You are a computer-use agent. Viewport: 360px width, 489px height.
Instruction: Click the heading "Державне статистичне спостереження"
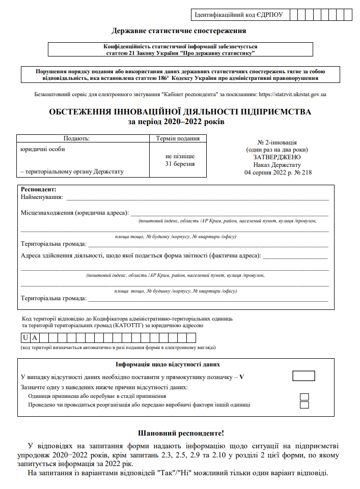179,31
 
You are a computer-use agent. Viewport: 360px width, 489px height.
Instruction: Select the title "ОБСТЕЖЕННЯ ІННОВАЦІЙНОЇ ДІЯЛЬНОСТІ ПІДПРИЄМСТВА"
179,111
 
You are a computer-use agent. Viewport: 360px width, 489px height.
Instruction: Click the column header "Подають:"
76,138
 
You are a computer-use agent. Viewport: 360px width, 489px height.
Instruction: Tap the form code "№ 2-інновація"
278,142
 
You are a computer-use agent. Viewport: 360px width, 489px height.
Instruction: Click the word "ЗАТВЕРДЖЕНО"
278,157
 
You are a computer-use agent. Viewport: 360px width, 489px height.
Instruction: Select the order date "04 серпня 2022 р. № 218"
278,172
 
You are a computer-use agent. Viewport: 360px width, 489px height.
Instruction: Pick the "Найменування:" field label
42,197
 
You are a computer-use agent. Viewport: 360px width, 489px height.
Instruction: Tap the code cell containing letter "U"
25,337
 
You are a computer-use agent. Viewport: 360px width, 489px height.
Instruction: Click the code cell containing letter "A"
35,337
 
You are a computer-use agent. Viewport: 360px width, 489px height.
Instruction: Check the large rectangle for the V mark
303,376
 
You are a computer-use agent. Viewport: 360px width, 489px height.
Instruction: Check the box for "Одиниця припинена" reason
304,396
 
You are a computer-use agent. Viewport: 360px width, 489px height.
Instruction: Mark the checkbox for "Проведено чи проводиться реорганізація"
304,405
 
